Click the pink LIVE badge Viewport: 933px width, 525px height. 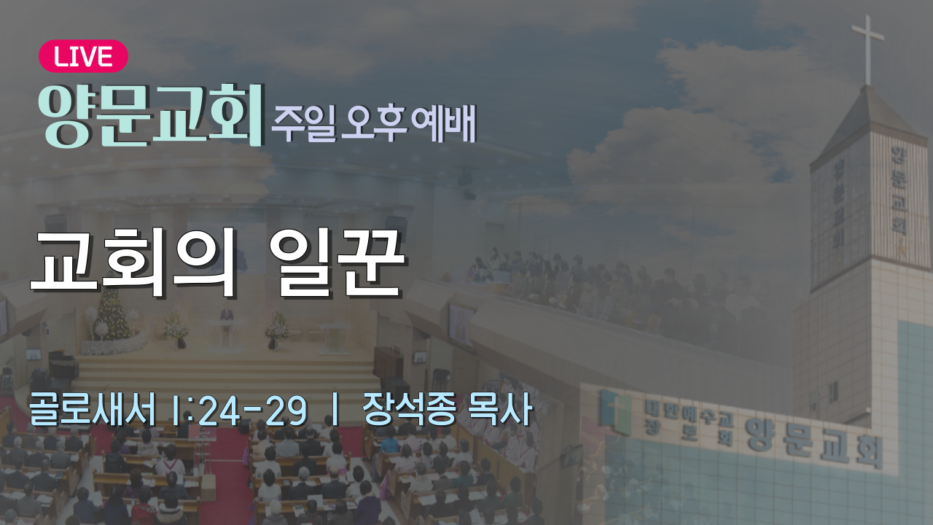[x=83, y=56]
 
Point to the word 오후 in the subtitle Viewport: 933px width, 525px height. [x=374, y=122]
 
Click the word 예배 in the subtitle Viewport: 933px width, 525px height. [x=444, y=122]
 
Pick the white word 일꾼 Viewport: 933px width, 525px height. [x=337, y=263]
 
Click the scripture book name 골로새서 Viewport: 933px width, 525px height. [x=92, y=409]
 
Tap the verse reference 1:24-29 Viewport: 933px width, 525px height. [x=239, y=411]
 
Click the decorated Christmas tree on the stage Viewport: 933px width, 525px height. [x=112, y=313]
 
